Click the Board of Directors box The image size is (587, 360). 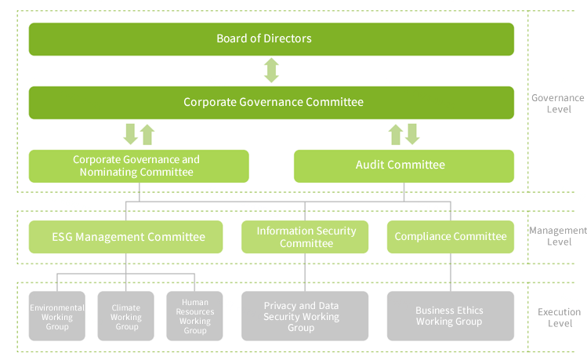tap(271, 39)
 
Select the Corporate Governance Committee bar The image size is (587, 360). tap(271, 103)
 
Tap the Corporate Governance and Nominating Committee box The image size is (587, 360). tap(139, 166)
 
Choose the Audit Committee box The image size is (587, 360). tap(404, 166)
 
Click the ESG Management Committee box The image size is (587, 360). tap(125, 237)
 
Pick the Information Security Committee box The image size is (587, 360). tap(305, 237)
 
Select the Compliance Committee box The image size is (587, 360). tap(451, 237)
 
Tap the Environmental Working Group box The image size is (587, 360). tap(57, 316)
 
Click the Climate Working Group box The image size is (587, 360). tap(125, 316)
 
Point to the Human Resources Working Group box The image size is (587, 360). tap(194, 316)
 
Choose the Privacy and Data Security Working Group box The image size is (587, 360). tap(305, 316)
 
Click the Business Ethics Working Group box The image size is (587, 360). tap(451, 316)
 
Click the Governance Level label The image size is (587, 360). tap(558, 104)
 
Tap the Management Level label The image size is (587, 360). tap(558, 236)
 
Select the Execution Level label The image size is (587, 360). tap(560, 318)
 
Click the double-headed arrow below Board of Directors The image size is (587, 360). tap(271, 70)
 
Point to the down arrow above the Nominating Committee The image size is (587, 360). tap(131, 134)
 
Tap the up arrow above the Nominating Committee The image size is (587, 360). tap(147, 134)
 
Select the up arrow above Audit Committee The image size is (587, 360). tap(396, 134)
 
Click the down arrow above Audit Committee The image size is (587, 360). tap(412, 134)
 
